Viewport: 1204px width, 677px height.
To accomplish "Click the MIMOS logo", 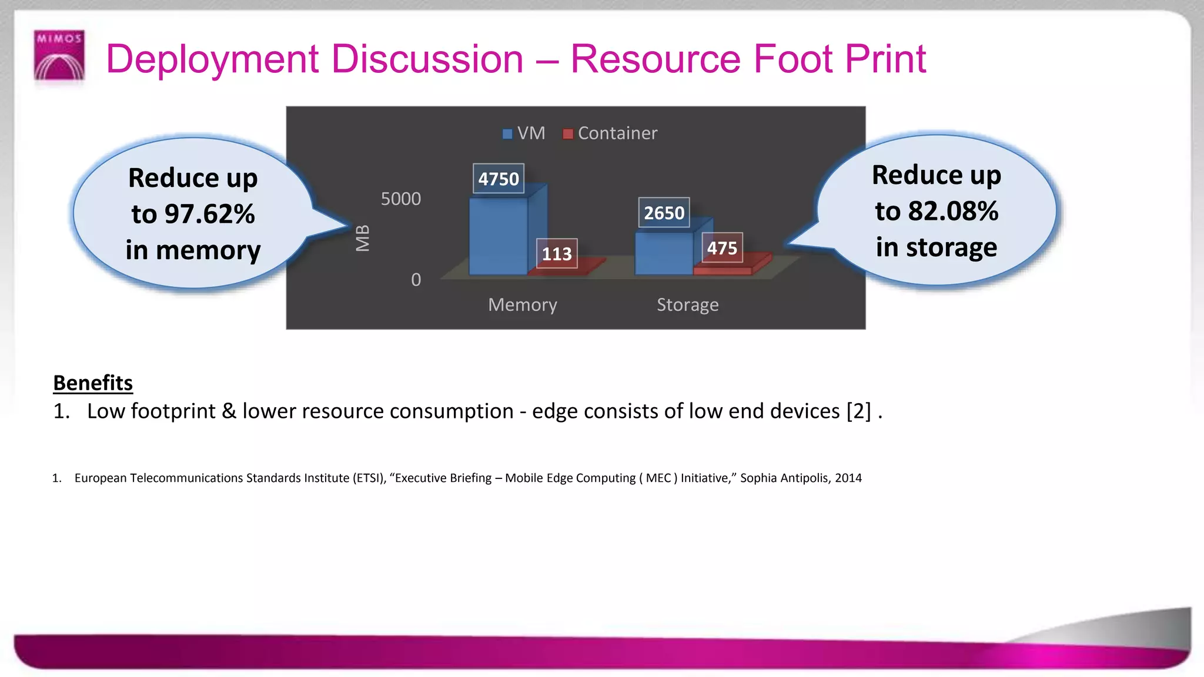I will (59, 55).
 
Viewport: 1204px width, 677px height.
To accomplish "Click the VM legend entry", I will (524, 133).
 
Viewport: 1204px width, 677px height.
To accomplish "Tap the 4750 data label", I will (499, 179).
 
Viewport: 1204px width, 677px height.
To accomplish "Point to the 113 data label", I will (556, 254).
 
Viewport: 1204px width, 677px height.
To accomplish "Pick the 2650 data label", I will (664, 213).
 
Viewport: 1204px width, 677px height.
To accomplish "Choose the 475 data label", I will (722, 248).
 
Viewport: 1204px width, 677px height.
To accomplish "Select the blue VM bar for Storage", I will (664, 254).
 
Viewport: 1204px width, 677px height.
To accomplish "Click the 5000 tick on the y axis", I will (401, 199).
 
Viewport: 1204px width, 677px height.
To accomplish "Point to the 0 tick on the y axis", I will (416, 280).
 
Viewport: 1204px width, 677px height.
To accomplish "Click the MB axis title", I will (363, 238).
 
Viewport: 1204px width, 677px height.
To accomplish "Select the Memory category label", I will (522, 305).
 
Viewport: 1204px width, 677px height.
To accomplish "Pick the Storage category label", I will (687, 305).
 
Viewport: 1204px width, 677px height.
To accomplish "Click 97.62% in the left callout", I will (209, 214).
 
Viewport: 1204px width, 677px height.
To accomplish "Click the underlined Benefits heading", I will (93, 383).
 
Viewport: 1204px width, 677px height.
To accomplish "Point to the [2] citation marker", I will (858, 411).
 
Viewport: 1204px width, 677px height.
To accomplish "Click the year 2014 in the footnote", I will (848, 478).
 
